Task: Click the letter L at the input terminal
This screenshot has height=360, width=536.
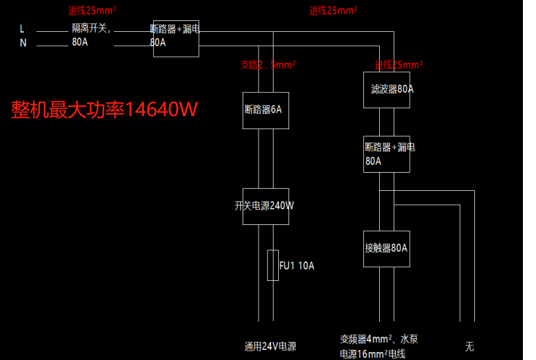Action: (23, 29)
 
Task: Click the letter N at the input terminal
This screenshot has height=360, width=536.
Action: (23, 43)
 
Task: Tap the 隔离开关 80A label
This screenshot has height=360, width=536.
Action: (91, 35)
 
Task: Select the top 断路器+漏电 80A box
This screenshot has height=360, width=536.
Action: (176, 38)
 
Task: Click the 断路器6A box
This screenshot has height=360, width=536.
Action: (266, 110)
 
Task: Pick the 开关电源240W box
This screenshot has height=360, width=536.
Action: (266, 205)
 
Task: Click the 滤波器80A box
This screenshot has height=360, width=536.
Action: (386, 89)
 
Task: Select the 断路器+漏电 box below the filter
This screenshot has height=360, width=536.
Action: (386, 154)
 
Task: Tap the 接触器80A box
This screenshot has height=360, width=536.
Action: (386, 248)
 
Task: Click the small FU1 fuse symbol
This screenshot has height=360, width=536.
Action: (273, 265)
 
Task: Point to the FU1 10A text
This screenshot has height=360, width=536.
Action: (298, 266)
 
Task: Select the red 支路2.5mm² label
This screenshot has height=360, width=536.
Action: (267, 65)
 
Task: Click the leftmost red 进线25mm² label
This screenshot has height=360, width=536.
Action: (93, 11)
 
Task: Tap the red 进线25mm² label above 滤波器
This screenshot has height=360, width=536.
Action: (399, 65)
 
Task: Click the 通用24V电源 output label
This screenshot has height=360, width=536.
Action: (270, 346)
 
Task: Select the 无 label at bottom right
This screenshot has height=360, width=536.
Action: (469, 346)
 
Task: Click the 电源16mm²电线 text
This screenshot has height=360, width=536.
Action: (372, 354)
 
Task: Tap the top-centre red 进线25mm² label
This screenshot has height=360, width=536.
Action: (333, 11)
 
